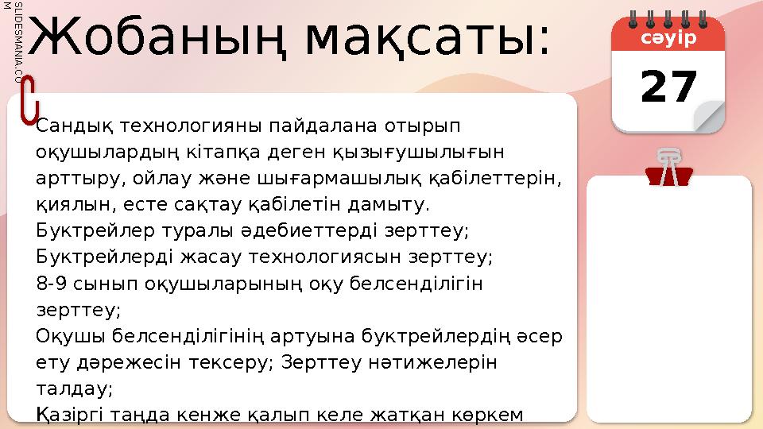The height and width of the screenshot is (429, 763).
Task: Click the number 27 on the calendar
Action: tap(669, 87)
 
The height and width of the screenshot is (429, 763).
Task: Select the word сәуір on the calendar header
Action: tap(668, 39)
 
